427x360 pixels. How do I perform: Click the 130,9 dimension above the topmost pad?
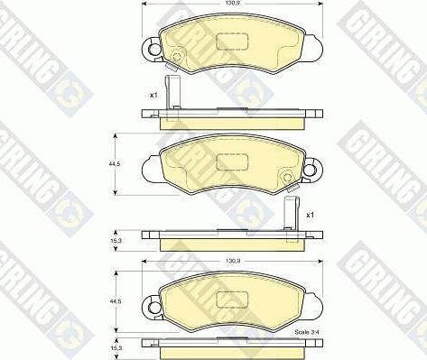pos(232,3)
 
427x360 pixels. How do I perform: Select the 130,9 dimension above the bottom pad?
pos(232,262)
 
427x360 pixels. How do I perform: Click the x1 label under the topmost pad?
pos(153,96)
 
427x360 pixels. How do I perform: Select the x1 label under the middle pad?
pos(310,215)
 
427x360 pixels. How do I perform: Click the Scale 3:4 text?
pos(307,332)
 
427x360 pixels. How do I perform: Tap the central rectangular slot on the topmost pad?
pos(232,41)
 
